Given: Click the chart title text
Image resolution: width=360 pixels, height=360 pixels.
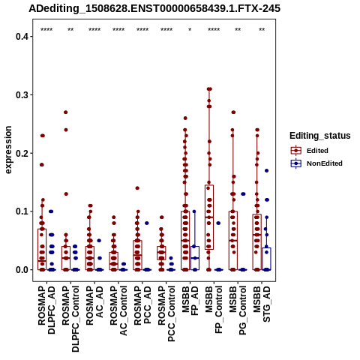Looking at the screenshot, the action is tap(154, 9).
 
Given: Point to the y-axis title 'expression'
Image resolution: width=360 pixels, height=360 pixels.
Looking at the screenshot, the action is tap(8, 150).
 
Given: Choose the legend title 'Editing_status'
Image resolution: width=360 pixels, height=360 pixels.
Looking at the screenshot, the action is tap(320, 136).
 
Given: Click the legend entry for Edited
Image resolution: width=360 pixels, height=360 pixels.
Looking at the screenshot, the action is tap(309, 151).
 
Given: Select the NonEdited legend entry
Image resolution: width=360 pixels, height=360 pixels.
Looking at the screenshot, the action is tap(316, 163).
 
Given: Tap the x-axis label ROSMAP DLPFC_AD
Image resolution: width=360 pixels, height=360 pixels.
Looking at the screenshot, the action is tap(46, 310).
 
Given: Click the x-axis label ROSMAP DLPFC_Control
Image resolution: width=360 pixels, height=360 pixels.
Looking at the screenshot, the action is tap(70, 319).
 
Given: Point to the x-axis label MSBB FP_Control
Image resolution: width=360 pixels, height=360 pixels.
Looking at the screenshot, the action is tap(214, 310).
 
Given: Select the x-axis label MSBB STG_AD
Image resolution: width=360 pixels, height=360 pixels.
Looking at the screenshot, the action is tap(262, 304).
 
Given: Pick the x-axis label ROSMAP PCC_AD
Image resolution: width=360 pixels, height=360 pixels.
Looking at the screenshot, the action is tap(142, 305).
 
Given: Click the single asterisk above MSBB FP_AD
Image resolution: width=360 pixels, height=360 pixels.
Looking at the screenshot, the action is tap(190, 30).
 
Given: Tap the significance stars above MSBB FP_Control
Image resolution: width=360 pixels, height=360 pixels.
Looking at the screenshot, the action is tap(214, 30).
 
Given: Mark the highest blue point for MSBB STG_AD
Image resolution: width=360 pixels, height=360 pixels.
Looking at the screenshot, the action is tap(266, 171).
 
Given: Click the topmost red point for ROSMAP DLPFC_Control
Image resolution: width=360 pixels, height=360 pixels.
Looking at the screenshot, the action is tap(66, 112).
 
